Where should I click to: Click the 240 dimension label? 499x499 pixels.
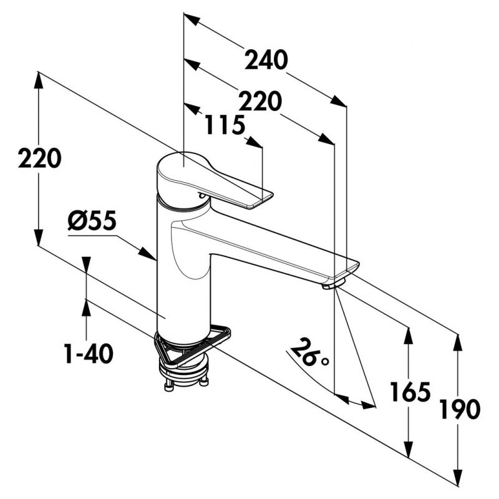pos(266,61)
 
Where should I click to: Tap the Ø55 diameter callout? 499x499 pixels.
pos(93,221)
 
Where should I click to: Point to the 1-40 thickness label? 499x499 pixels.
pos(88,354)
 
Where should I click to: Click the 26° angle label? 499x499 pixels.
pos(310,353)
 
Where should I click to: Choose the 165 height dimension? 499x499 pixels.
pos(410,392)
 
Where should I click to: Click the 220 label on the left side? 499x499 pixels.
pos(40,158)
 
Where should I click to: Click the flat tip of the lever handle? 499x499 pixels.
pos(263,199)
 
